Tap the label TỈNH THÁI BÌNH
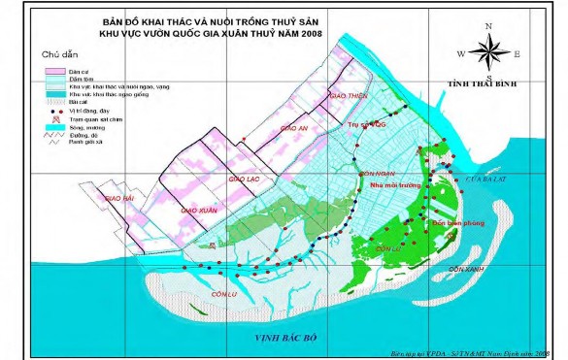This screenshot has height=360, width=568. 479,86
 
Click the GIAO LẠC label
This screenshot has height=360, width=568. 244,180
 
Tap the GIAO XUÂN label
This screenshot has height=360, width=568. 198,209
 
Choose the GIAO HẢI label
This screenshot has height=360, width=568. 119,197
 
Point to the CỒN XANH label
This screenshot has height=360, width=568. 466,268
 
